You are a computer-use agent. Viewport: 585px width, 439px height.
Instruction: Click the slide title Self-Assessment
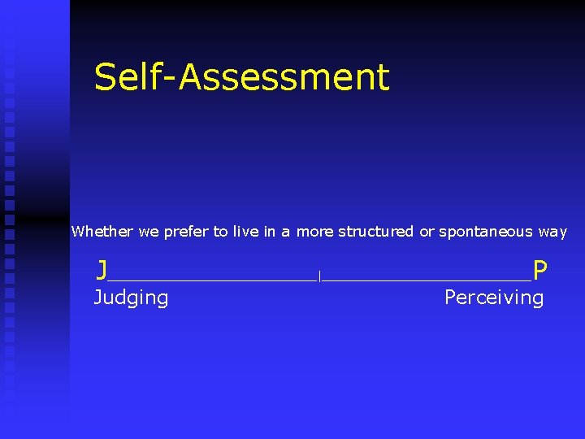tap(241, 77)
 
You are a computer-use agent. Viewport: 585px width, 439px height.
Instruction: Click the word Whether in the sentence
tap(102, 232)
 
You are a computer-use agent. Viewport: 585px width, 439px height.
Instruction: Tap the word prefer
tap(186, 233)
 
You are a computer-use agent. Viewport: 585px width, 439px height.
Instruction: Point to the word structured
tap(375, 233)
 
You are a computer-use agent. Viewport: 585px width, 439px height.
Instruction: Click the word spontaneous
tap(486, 233)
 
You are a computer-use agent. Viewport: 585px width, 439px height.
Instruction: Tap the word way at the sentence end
tap(552, 233)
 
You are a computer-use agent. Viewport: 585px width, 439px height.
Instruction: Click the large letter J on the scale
tap(102, 269)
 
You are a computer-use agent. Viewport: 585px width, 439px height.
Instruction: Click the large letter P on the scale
tap(539, 269)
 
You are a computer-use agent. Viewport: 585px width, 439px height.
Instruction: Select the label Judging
tap(131, 298)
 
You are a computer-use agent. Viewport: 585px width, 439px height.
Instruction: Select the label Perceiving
tap(493, 298)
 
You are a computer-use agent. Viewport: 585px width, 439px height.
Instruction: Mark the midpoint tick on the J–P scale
tap(320, 277)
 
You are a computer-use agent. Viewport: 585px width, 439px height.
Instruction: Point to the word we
tap(149, 232)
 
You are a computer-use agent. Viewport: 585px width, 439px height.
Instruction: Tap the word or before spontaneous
tap(426, 232)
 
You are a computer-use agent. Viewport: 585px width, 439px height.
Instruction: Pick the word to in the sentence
tap(220, 232)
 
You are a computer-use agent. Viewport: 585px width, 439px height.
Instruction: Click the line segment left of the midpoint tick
tap(211, 280)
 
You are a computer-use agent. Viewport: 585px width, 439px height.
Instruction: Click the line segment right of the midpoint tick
tap(427, 280)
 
